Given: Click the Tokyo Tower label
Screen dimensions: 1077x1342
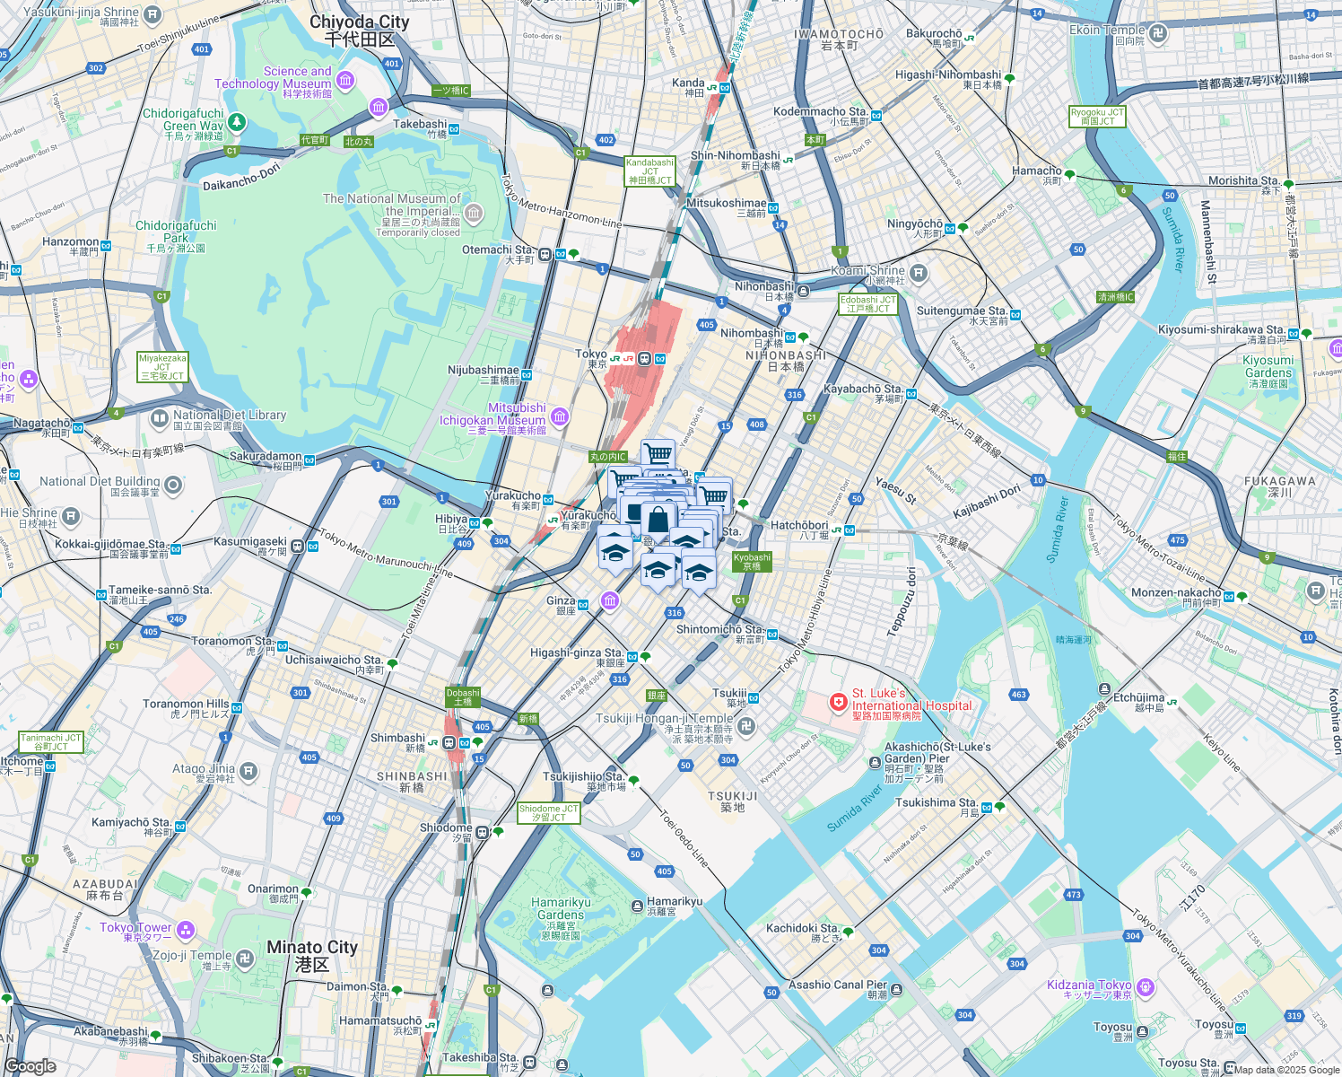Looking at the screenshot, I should [135, 932].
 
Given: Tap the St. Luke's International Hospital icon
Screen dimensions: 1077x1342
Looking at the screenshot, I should [839, 702].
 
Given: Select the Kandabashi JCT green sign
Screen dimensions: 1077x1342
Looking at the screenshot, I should [649, 171].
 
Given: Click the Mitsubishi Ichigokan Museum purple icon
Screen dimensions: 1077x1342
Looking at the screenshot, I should [561, 416].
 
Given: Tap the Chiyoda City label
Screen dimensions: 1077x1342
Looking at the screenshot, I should [360, 31].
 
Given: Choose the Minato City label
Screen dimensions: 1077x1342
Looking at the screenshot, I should [312, 955].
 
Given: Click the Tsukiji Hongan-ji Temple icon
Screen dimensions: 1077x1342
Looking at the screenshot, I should [747, 725].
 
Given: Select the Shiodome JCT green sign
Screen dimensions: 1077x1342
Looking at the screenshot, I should [549, 813].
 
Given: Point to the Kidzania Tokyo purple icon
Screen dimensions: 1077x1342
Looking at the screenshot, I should [1145, 989].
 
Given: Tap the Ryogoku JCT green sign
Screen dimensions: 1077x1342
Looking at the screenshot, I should [1097, 117].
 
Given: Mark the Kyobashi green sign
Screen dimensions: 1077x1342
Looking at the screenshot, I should [752, 562].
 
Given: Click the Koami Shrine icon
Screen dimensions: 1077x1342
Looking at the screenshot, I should [918, 272].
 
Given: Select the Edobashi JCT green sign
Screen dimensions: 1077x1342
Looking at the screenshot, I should [868, 304].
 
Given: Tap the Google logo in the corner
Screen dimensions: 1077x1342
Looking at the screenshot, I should [30, 1066].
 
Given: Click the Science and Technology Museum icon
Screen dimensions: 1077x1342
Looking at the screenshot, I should [345, 81].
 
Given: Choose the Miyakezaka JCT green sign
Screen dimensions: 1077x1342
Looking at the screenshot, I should [162, 367].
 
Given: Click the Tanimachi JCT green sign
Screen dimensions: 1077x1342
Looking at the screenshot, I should [51, 742].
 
